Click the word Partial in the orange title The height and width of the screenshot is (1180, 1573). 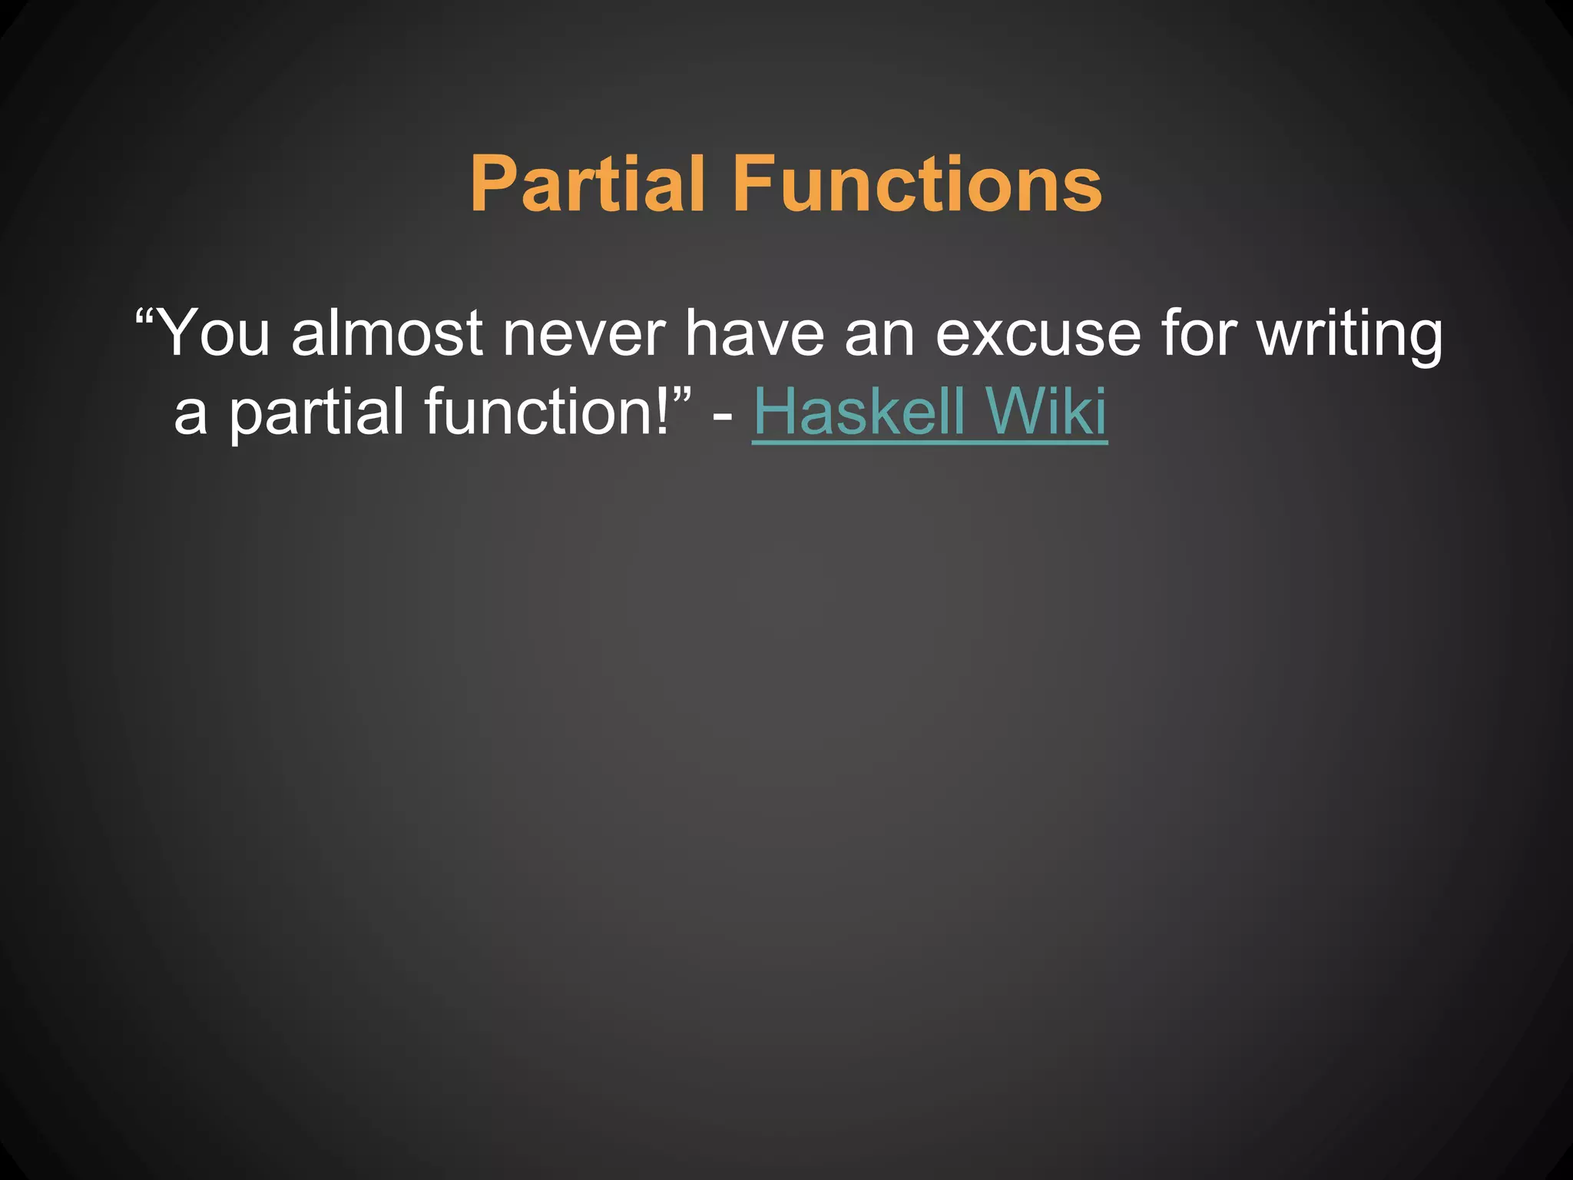588,184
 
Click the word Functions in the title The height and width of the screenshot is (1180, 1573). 918,184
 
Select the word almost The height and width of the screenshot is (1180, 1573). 388,334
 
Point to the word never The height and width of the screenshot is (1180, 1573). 584,334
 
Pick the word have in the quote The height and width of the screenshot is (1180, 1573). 755,334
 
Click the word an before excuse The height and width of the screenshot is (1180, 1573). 879,334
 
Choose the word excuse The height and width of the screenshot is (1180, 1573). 1038,334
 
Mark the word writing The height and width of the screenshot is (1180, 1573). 1350,334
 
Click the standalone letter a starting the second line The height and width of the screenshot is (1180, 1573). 190,415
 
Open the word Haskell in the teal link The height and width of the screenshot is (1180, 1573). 859,412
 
